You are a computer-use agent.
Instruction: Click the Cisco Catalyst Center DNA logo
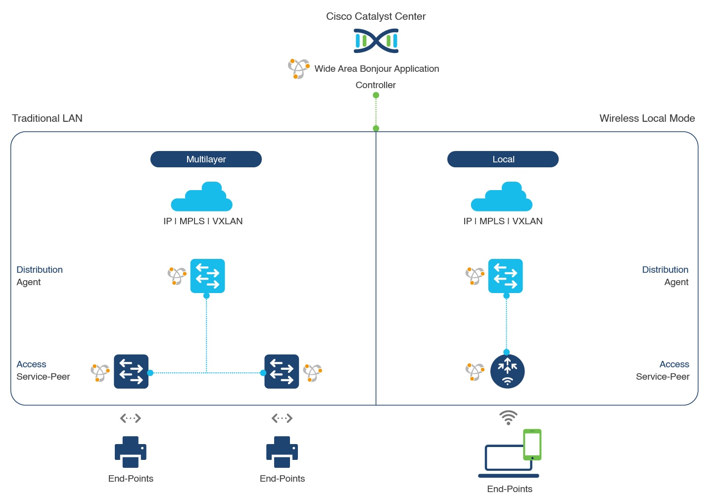376,41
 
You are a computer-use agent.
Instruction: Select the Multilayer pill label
206,159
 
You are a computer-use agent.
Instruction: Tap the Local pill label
503,159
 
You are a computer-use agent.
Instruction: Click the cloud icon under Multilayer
202,198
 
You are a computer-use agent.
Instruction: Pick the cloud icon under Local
502,198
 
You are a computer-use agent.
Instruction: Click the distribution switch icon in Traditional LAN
207,276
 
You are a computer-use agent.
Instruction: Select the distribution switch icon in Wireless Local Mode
505,276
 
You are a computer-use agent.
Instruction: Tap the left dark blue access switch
131,371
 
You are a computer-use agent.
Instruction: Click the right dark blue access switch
282,371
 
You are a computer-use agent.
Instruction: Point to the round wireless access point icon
507,371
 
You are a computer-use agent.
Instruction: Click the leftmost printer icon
131,451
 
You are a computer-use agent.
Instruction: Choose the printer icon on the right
282,451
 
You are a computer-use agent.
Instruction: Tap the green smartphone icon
532,444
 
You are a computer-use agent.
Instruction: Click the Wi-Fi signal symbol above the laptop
508,417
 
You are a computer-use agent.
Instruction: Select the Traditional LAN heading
47,118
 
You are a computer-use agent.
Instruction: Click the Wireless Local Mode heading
647,118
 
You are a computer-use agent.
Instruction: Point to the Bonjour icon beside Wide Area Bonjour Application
298,69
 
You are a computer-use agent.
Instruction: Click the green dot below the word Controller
376,96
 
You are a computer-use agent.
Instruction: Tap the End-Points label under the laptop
510,489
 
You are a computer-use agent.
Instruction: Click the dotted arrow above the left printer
131,418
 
